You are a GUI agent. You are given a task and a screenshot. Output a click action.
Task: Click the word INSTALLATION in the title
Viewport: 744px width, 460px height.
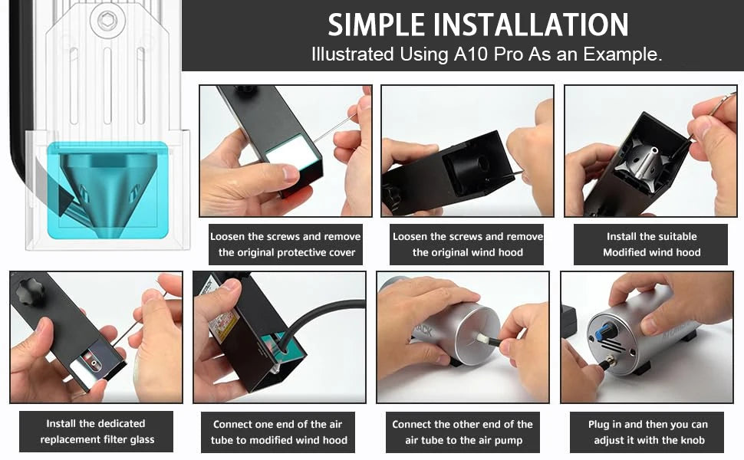[x=531, y=25]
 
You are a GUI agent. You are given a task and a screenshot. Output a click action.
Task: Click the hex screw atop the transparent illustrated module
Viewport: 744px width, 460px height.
[x=107, y=21]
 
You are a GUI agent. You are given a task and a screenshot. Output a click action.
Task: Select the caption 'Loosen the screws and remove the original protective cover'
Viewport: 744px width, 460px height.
[x=285, y=245]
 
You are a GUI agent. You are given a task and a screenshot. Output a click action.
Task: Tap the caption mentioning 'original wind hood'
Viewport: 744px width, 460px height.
[x=467, y=245]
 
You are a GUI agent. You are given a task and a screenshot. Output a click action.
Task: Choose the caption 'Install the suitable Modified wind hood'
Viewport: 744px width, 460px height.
[x=651, y=245]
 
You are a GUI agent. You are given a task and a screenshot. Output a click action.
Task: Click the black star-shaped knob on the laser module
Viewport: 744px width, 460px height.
[x=29, y=291]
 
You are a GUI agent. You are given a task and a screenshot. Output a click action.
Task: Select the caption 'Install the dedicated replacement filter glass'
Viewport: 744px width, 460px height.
[x=97, y=431]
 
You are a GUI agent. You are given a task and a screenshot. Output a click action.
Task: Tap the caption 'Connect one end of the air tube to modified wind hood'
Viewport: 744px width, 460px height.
[x=278, y=432]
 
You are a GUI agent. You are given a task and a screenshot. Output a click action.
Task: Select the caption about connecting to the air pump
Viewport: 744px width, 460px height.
[x=463, y=432]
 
